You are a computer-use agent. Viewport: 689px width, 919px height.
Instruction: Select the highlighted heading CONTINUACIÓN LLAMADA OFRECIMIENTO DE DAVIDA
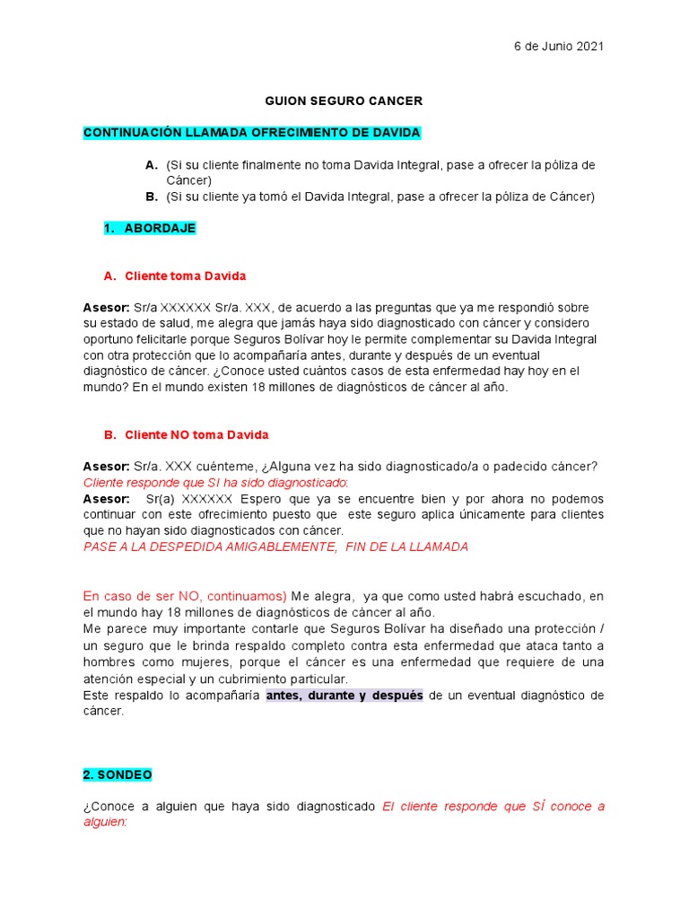coord(251,133)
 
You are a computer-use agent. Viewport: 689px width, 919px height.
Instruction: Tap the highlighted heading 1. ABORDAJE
coord(150,228)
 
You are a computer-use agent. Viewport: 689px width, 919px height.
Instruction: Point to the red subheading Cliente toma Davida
coord(185,276)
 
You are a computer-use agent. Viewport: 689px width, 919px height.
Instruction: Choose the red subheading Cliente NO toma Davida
coord(196,434)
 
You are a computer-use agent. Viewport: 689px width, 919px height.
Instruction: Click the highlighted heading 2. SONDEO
coord(118,774)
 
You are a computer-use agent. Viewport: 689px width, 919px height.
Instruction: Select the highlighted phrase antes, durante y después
coord(344,696)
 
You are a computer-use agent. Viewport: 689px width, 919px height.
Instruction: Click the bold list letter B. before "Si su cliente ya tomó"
coord(151,197)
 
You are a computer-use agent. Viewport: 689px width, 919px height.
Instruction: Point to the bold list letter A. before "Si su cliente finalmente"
coord(151,165)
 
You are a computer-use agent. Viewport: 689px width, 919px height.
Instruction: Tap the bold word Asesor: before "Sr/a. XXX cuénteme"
coord(107,467)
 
